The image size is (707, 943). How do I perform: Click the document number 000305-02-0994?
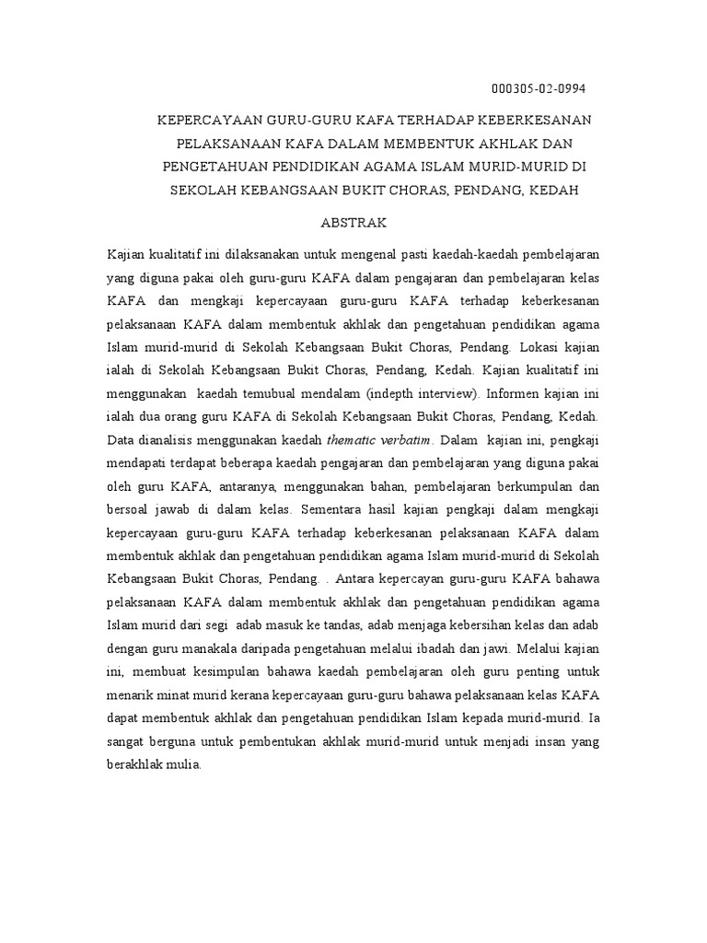point(539,88)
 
